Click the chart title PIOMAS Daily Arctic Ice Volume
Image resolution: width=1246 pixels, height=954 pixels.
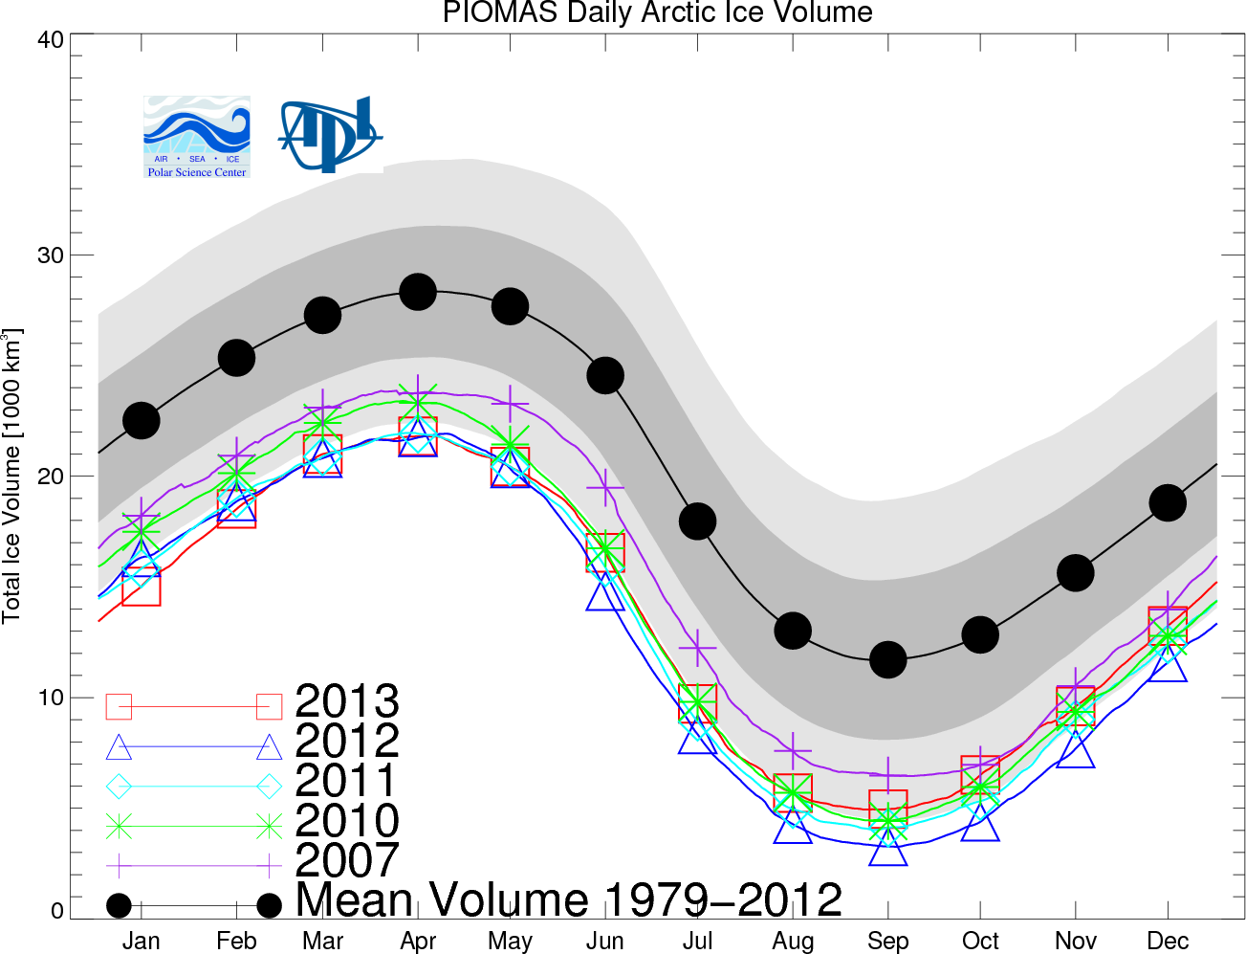click(x=657, y=13)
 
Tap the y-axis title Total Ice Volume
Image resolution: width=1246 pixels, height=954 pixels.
click(x=12, y=476)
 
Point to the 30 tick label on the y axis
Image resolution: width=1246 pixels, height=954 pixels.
click(x=51, y=255)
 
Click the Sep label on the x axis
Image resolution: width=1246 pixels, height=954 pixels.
click(x=887, y=942)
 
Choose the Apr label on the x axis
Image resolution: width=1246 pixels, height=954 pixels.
click(x=418, y=942)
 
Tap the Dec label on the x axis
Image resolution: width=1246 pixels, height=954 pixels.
click(x=1168, y=942)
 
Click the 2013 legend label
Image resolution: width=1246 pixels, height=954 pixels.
click(x=347, y=701)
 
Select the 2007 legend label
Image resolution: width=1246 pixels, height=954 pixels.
click(x=347, y=860)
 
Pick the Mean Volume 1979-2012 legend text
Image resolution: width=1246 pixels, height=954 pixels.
click(x=569, y=900)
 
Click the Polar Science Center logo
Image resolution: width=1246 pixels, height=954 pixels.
click(x=197, y=137)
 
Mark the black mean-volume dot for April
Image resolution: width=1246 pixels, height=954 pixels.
click(x=418, y=292)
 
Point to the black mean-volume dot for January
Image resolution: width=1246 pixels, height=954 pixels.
click(x=142, y=420)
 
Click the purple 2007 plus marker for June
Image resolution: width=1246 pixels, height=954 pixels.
click(x=604, y=487)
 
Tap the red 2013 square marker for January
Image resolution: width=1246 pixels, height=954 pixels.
click(x=142, y=587)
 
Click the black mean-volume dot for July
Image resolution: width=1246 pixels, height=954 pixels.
click(x=697, y=521)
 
